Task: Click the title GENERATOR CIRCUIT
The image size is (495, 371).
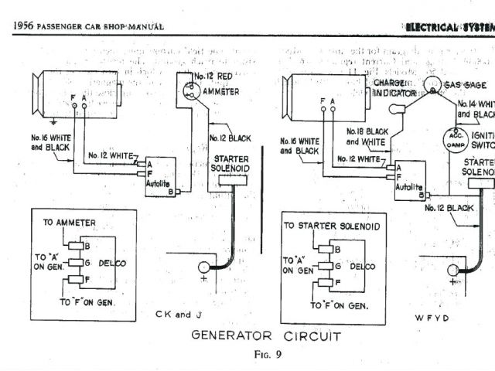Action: [x=265, y=336]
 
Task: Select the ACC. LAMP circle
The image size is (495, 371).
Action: [x=452, y=140]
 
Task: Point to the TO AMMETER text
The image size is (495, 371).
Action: [x=70, y=223]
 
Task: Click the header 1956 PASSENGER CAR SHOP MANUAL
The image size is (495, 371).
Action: [x=89, y=26]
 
